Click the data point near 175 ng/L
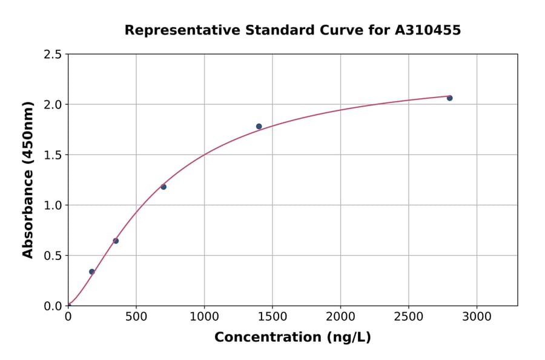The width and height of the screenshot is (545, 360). pyautogui.click(x=92, y=272)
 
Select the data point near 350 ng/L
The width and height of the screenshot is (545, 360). pyautogui.click(x=116, y=241)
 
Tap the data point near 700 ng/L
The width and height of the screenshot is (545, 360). pyautogui.click(x=163, y=187)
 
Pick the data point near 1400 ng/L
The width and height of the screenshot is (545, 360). pyautogui.click(x=259, y=126)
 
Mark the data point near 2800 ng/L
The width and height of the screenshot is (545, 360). pyautogui.click(x=449, y=98)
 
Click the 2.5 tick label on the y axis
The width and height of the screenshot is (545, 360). pyautogui.click(x=53, y=55)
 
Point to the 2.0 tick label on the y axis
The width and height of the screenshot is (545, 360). pyautogui.click(x=53, y=105)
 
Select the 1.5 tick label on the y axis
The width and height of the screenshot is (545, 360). pyautogui.click(x=53, y=155)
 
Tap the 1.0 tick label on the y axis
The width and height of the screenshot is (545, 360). pyautogui.click(x=53, y=205)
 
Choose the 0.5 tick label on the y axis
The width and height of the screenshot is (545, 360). pyautogui.click(x=53, y=256)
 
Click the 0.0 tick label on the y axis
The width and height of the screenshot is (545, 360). pyautogui.click(x=53, y=306)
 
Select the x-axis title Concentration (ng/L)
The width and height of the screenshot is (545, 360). pyautogui.click(x=292, y=338)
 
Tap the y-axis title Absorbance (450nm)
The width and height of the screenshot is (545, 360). pyautogui.click(x=28, y=180)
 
